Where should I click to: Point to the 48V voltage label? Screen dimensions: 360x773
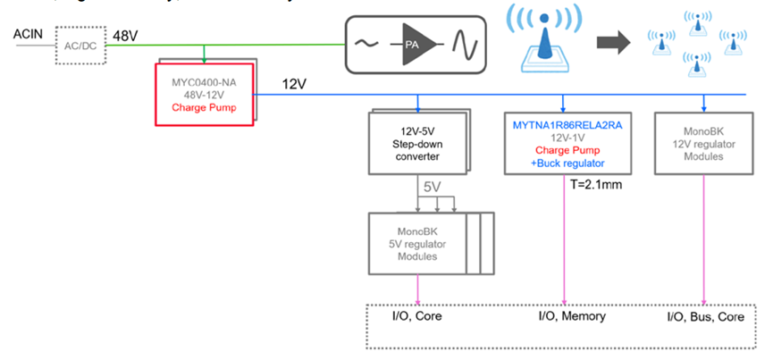pyautogui.click(x=124, y=36)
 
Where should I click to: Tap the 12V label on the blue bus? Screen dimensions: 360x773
pyautogui.click(x=295, y=84)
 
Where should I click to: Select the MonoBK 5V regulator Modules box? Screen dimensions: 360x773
pyautogui.click(x=418, y=244)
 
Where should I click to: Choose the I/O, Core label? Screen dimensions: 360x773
pyautogui.click(x=419, y=315)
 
